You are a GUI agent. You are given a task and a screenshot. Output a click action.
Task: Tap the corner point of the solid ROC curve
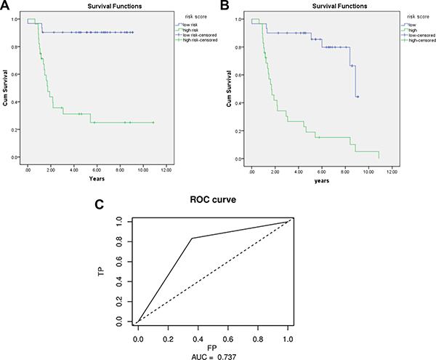[x=192, y=238]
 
